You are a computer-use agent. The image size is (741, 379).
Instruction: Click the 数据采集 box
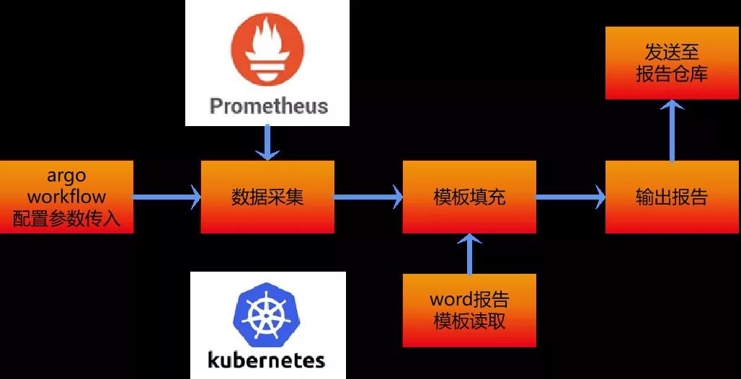click(267, 197)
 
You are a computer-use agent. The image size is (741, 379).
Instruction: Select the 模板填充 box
click(469, 197)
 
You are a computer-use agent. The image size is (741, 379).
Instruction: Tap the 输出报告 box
click(672, 197)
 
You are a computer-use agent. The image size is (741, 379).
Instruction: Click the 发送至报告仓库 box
click(672, 63)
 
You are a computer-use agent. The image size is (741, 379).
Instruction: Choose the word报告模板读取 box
click(469, 311)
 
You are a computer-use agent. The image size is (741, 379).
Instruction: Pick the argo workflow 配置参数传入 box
click(66, 197)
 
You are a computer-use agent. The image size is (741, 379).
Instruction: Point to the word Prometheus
click(268, 107)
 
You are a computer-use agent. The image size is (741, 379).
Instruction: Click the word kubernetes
click(267, 359)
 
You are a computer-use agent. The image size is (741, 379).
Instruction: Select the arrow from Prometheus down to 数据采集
click(267, 142)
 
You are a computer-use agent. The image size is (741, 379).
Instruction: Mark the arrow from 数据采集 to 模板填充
click(368, 195)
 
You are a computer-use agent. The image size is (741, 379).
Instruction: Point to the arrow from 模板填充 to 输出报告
click(570, 195)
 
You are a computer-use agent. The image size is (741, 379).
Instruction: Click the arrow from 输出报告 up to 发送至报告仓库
click(672, 130)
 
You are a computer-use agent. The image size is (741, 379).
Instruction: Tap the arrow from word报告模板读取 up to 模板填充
click(469, 254)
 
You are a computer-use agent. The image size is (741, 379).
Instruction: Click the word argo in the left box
click(66, 176)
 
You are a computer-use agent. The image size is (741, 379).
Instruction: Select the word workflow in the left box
click(66, 196)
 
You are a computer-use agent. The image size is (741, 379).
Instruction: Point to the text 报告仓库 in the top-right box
click(672, 74)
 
